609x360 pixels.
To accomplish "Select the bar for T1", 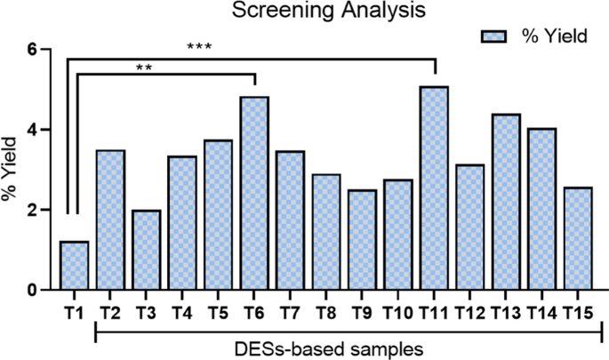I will point(74,266).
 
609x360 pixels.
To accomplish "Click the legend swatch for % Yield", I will point(494,35).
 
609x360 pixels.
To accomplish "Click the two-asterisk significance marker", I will point(143,66).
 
